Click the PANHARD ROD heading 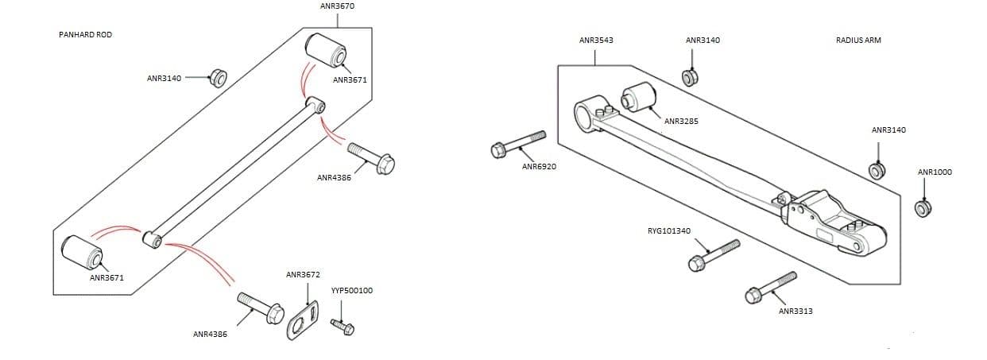coord(85,35)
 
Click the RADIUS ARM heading coord(858,40)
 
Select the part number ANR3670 coord(337,6)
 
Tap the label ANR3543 coord(596,40)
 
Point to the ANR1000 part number coord(935,172)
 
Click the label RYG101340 coord(669,231)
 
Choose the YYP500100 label coord(351,291)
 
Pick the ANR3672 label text coord(303,275)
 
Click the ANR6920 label coord(539,167)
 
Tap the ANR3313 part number coord(795,311)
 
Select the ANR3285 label coord(681,122)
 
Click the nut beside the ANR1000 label coord(923,208)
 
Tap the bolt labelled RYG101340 coord(714,254)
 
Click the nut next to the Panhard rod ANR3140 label coord(216,78)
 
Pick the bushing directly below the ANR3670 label coord(326,51)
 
